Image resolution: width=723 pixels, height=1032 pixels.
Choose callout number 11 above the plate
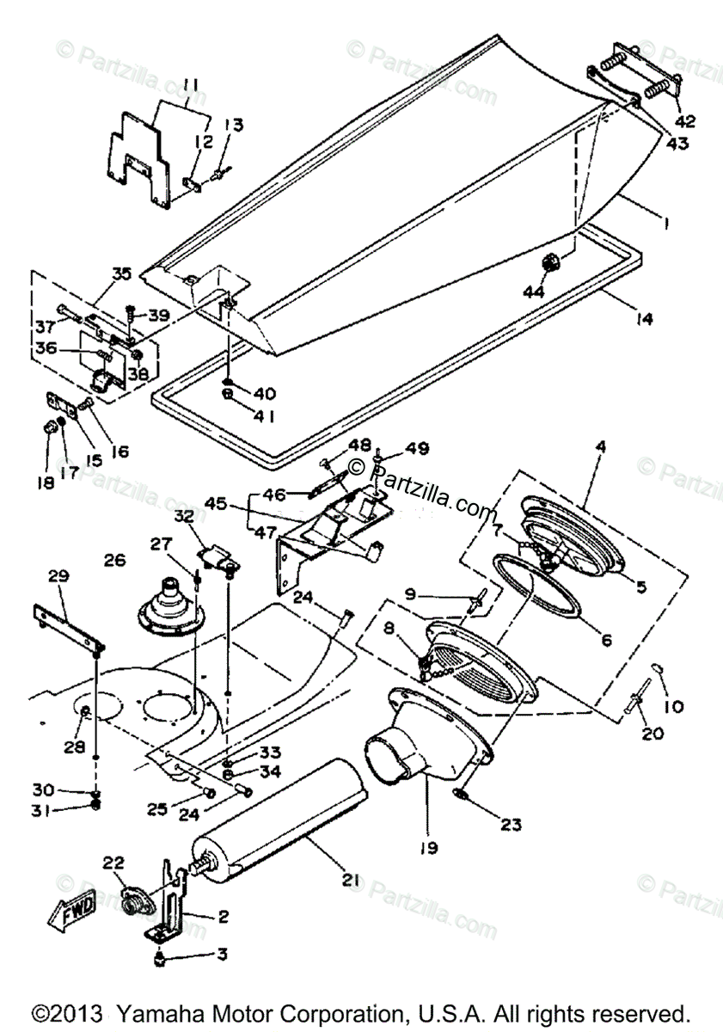coord(190,84)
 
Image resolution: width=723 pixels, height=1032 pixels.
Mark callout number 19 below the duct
coord(427,849)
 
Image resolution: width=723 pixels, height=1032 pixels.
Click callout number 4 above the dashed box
coord(601,447)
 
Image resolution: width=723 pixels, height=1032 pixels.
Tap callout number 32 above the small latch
coord(185,517)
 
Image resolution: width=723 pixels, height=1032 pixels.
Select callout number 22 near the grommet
coord(113,862)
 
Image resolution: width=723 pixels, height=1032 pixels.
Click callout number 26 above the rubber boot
coord(113,562)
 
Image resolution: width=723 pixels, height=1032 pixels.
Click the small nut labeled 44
coord(550,261)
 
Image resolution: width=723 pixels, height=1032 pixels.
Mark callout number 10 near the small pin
coord(673,707)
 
